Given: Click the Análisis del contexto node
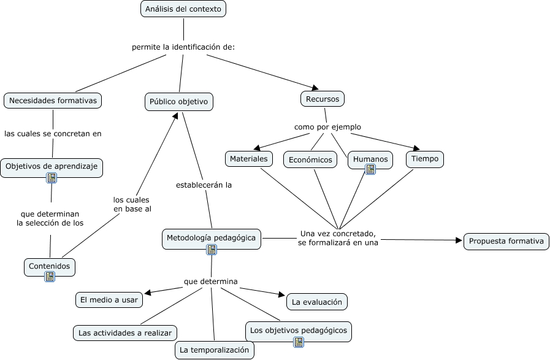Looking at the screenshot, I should click(x=183, y=9).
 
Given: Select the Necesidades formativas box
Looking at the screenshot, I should click(x=53, y=101).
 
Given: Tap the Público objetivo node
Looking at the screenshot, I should click(x=179, y=102).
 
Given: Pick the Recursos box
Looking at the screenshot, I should click(x=323, y=98).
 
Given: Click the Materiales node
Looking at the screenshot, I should click(x=248, y=159).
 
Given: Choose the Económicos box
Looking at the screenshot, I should click(x=310, y=159).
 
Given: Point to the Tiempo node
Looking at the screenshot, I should click(x=425, y=159).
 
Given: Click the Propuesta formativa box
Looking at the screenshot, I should click(x=506, y=241).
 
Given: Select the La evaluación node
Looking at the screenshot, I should click(x=317, y=302).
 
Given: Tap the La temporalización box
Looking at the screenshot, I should click(x=214, y=350).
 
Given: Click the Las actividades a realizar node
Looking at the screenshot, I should click(x=125, y=333).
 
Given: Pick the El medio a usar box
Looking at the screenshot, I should click(x=109, y=300).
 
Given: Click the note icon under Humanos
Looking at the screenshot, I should click(x=370, y=170).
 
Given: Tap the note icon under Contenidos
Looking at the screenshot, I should click(x=50, y=277).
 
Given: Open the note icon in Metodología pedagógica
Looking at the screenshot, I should click(x=212, y=249).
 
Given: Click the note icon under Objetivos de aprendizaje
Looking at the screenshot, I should click(x=52, y=178).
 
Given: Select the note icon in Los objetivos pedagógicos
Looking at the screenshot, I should click(x=299, y=342).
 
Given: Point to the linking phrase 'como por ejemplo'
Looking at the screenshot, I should click(x=327, y=127).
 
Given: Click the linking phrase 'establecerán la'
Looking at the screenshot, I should click(x=204, y=184).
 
